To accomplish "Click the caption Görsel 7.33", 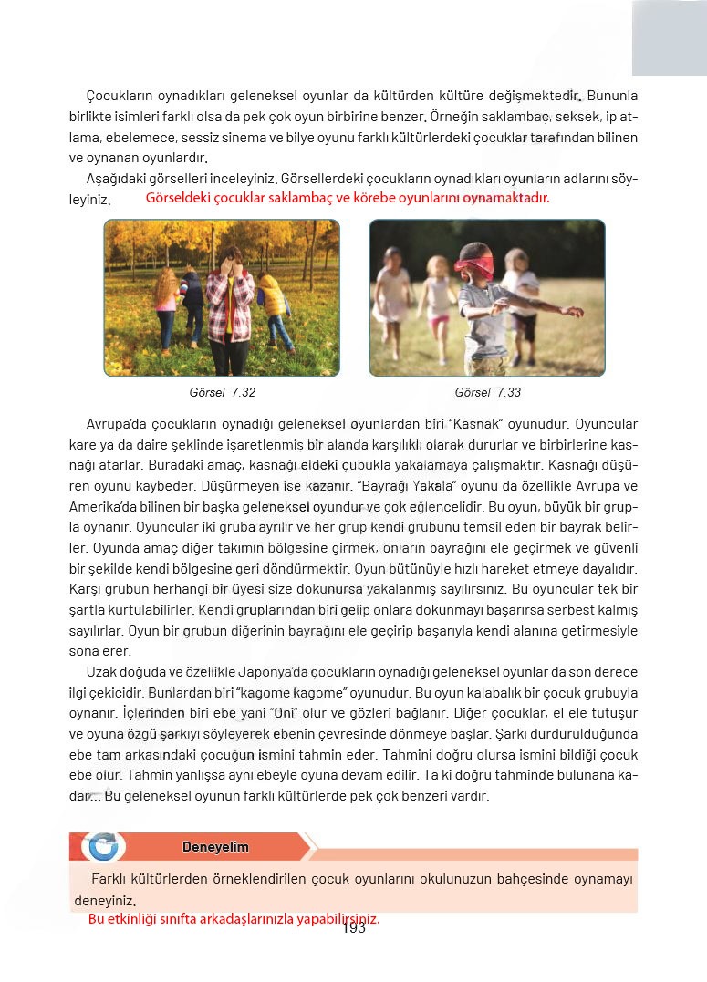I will [x=487, y=392].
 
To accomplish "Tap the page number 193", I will [x=354, y=928].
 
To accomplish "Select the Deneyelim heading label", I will [x=215, y=847].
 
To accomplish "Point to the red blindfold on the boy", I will [x=474, y=264].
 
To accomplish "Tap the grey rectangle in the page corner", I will [x=669, y=36].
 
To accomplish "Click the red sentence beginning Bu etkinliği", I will [x=234, y=919].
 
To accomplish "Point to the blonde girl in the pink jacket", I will [x=166, y=305].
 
